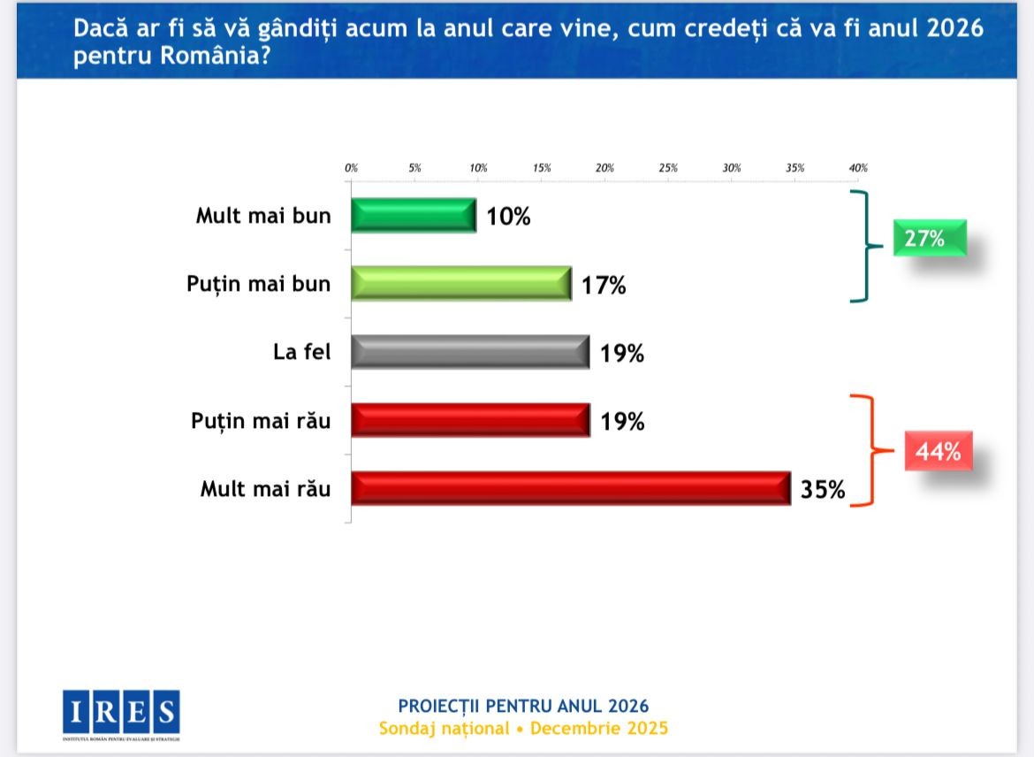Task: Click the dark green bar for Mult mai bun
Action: (x=414, y=215)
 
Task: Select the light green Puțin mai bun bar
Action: (x=460, y=283)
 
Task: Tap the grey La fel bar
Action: (x=469, y=351)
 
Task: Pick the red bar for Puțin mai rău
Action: (x=469, y=420)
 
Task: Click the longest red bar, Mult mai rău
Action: (x=570, y=488)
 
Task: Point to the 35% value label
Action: (x=823, y=489)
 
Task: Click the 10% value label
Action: (x=508, y=216)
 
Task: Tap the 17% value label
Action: (x=604, y=285)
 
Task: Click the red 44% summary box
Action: (x=937, y=451)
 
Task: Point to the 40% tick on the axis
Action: (x=858, y=167)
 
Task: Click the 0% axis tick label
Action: (x=351, y=167)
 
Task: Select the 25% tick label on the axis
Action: (x=668, y=167)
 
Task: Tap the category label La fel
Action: (x=301, y=351)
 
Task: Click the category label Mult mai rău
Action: (x=265, y=488)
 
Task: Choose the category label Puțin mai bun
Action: (x=258, y=284)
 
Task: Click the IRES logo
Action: (x=121, y=713)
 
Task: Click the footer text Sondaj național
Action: (x=445, y=729)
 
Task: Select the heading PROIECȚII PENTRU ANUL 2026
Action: (x=523, y=706)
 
